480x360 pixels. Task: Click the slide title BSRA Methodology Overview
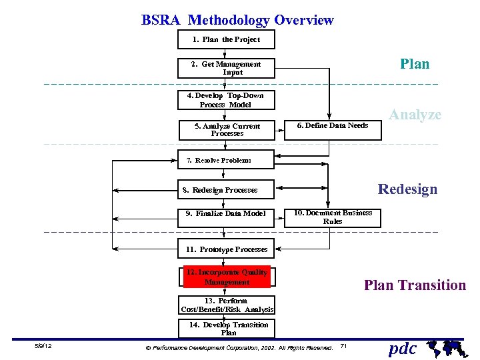[237, 20]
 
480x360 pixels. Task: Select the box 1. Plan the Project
[226, 39]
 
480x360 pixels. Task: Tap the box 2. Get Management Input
[227, 68]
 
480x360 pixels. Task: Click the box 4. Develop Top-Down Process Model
[226, 100]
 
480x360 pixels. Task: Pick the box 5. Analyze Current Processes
[227, 129]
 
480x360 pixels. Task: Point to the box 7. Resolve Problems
[226, 160]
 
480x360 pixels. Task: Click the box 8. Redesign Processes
[226, 190]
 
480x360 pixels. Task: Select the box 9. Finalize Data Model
[226, 213]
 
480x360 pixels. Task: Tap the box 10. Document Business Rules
[333, 217]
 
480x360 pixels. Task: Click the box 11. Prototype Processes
[226, 249]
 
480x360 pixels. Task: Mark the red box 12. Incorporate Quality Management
[227, 277]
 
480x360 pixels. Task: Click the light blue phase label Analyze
[415, 115]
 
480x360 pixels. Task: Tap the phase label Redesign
[407, 189]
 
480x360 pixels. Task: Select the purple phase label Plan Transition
[415, 285]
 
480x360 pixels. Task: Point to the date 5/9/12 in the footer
[43, 347]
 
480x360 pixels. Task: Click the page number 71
[343, 346]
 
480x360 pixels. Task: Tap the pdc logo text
[402, 349]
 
